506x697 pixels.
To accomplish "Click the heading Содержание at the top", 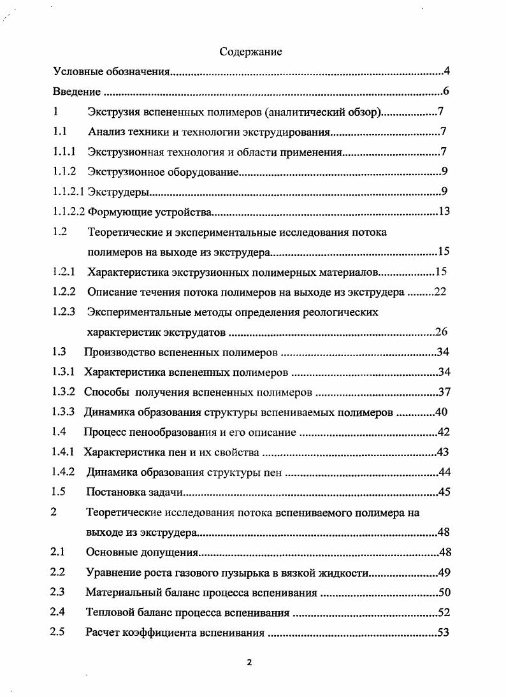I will (250, 52).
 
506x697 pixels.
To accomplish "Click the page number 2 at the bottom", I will (249, 661).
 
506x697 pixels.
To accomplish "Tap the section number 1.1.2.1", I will (68, 191).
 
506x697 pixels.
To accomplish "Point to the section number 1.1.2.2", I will (68, 212).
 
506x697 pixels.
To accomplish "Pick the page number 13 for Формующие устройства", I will (444, 211).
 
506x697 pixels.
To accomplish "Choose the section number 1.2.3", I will (64, 312).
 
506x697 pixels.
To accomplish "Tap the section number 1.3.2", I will (64, 391).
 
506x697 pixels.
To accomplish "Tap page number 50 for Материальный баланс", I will (444, 593).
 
